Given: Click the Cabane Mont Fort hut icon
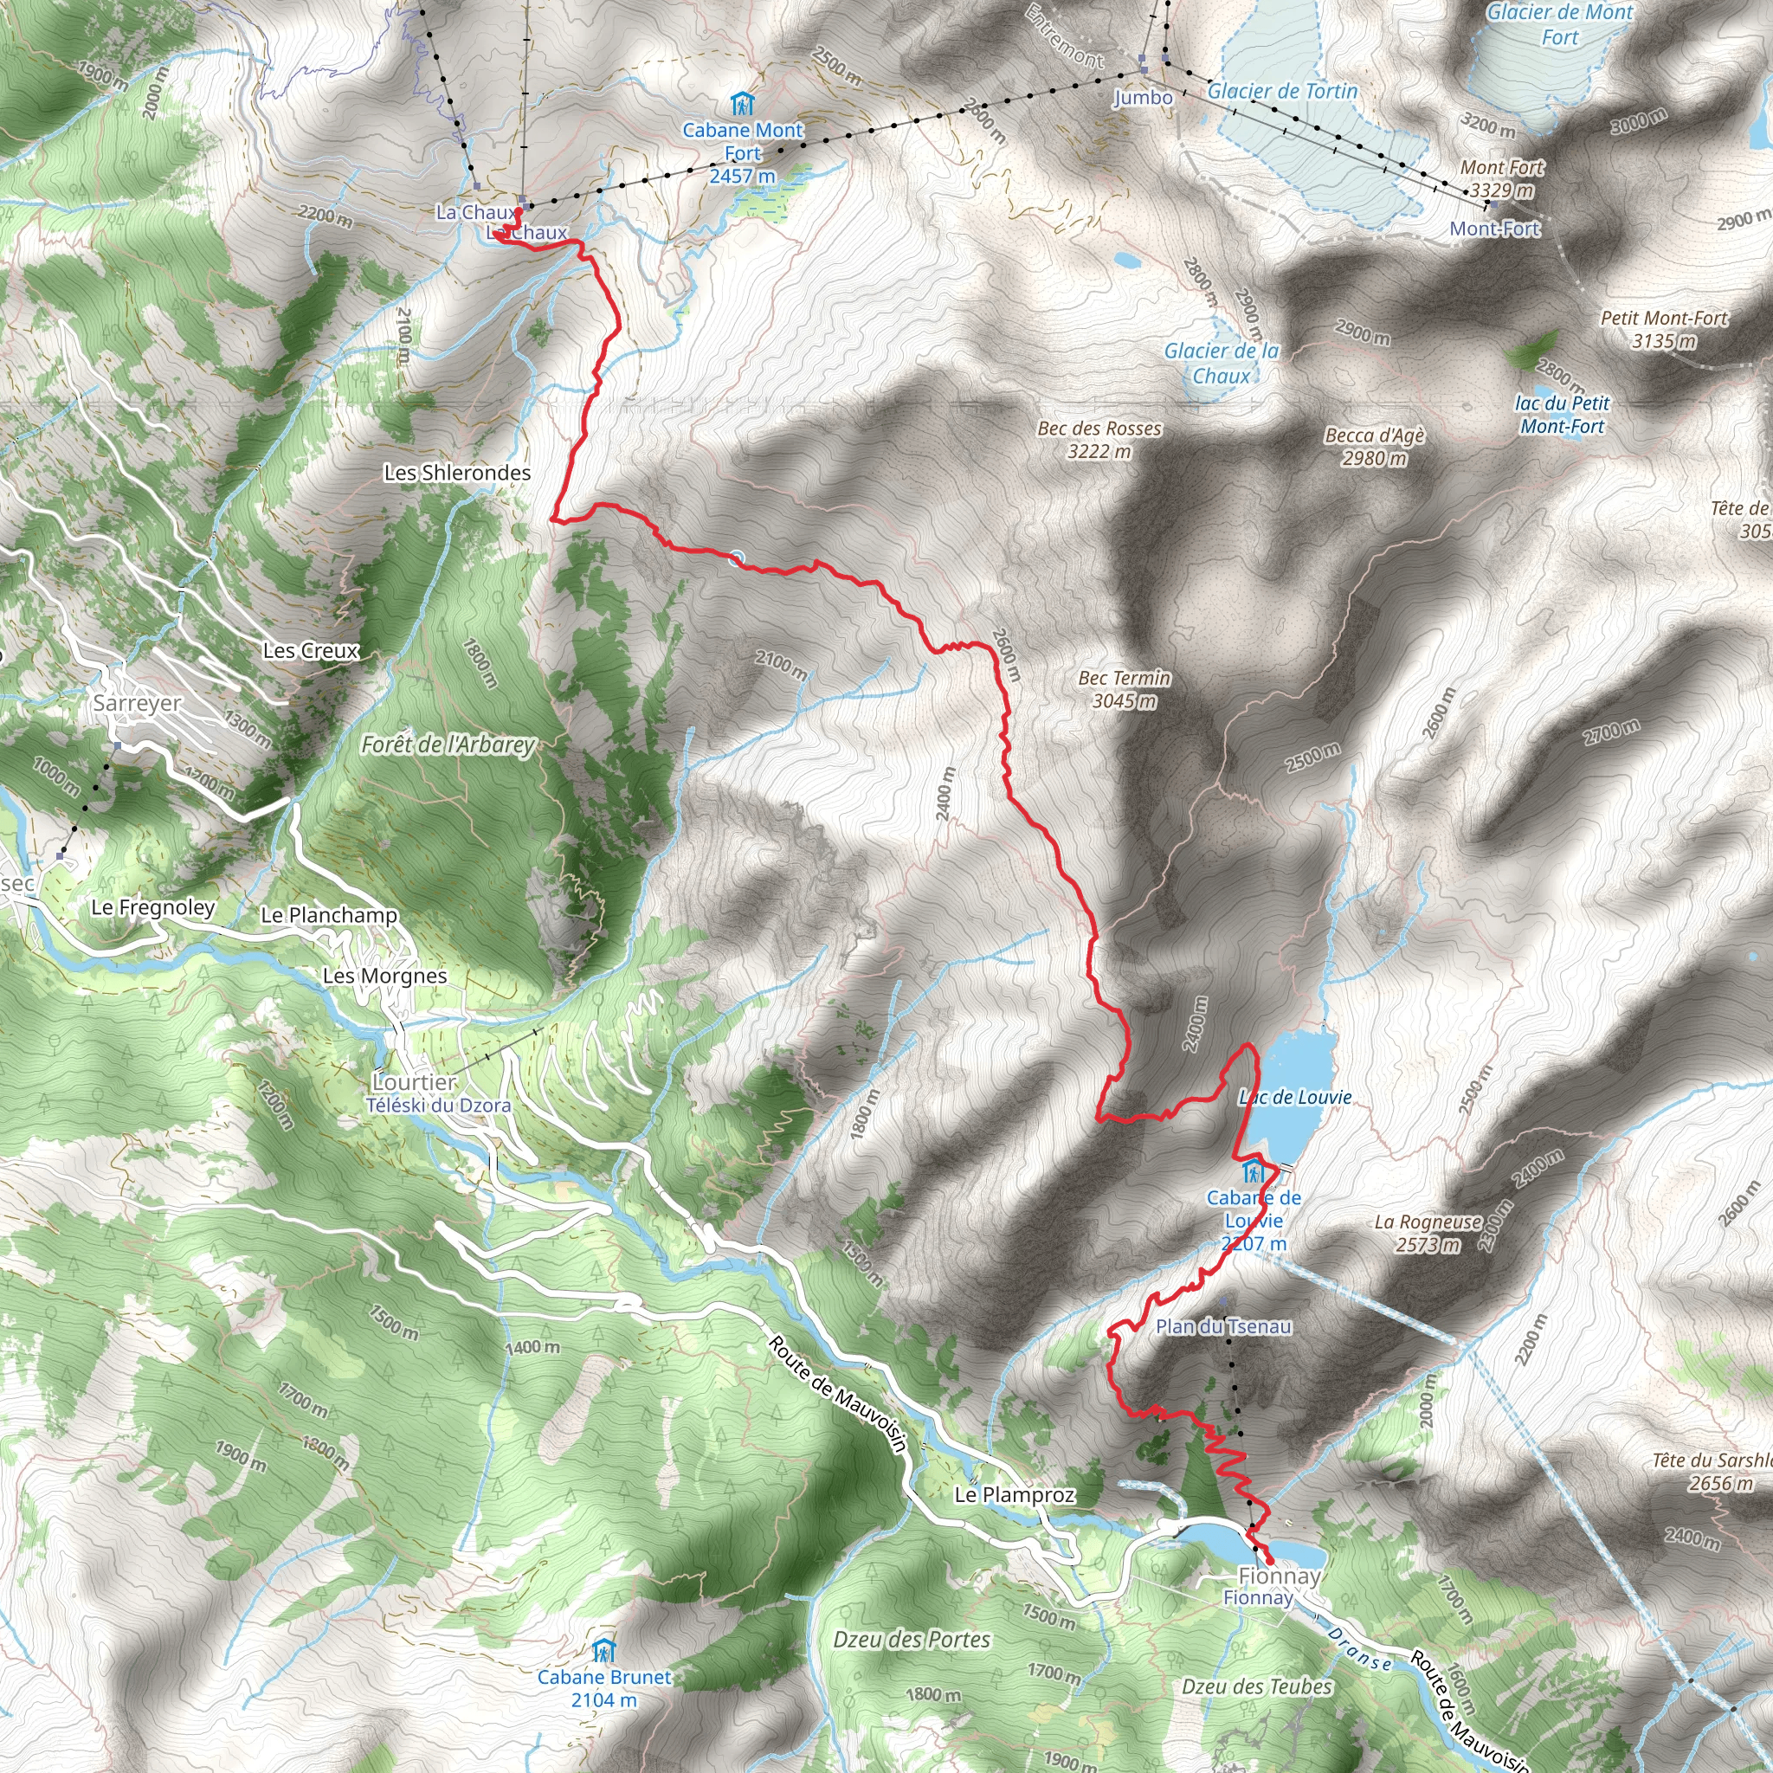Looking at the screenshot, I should tap(742, 104).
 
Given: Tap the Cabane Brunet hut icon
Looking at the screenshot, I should tap(603, 1651).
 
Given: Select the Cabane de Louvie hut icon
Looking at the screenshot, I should tap(1252, 1172).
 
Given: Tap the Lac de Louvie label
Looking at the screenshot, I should tap(1295, 1097).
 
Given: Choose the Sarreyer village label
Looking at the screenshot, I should tap(138, 703).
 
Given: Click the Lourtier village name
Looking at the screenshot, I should tap(415, 1082).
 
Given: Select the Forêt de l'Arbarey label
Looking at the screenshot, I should tap(448, 745).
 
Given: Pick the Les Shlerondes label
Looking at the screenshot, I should tap(457, 473).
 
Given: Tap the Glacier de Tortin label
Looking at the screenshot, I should tap(1282, 91).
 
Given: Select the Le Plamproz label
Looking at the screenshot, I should tap(1014, 1495).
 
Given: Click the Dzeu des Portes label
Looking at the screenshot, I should tap(912, 1639).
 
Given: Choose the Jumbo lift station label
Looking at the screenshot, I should tap(1143, 97).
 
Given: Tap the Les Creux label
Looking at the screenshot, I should tap(310, 651).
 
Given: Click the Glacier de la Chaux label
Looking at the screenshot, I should tap(1222, 364).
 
